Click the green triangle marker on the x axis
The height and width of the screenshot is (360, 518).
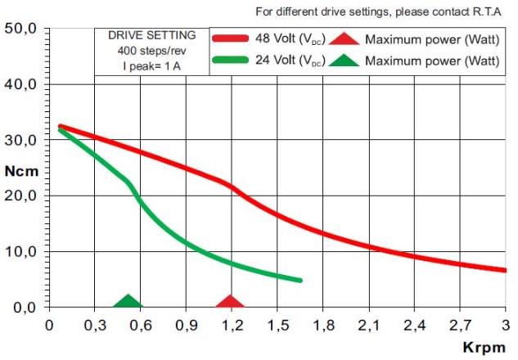[x=127, y=302]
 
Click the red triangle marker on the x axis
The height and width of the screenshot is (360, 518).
[x=230, y=302]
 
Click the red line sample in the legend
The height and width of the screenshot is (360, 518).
[x=240, y=38]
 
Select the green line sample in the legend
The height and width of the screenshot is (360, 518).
[x=240, y=60]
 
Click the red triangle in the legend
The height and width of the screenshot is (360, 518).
[x=346, y=38]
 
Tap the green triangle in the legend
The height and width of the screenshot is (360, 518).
[x=346, y=60]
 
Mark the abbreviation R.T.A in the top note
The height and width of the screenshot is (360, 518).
[x=485, y=11]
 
